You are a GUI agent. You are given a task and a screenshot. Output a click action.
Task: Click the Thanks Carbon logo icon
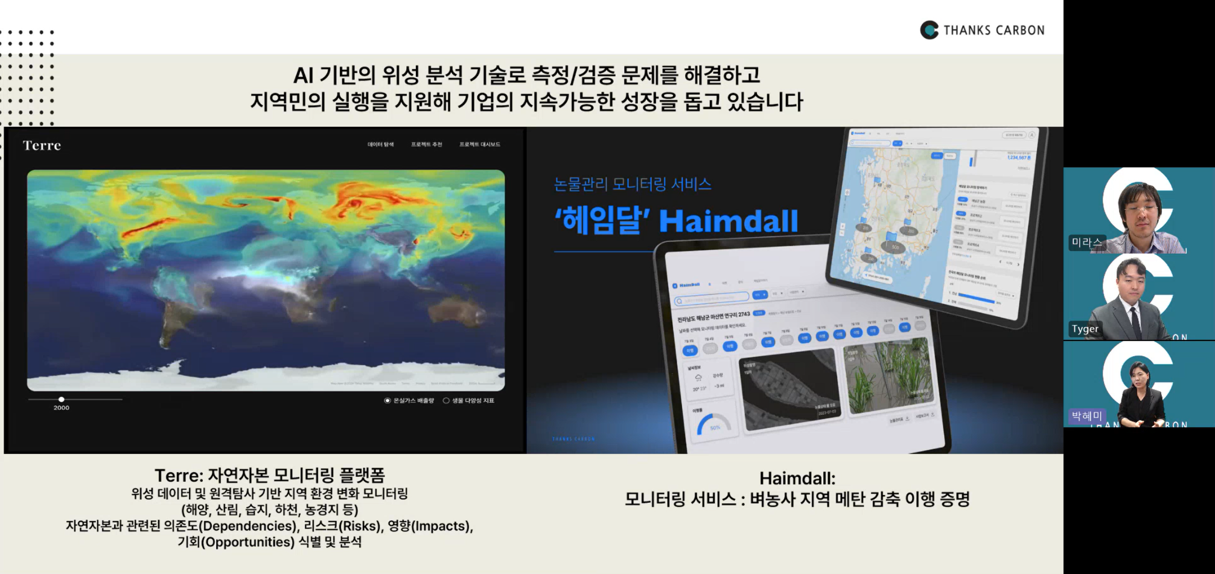click(x=929, y=30)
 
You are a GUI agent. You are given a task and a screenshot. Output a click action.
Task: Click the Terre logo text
click(x=42, y=145)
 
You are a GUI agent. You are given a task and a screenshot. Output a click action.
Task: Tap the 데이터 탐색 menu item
click(x=380, y=145)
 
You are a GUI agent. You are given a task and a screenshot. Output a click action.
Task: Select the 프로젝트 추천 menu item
click(x=426, y=145)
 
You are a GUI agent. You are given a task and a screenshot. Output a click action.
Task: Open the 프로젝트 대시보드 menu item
click(x=479, y=145)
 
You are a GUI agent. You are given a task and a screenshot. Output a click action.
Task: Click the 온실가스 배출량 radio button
click(x=387, y=401)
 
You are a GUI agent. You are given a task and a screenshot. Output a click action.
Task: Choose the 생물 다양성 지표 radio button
click(x=446, y=401)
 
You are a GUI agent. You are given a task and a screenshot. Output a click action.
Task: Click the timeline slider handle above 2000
click(x=62, y=399)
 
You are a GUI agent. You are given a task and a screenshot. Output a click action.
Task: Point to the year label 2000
click(x=62, y=408)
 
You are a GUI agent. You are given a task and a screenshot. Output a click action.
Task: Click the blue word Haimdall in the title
click(x=728, y=221)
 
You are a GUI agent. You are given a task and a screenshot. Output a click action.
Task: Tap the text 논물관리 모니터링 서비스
click(x=632, y=184)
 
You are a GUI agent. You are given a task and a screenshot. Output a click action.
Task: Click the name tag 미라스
click(x=1086, y=243)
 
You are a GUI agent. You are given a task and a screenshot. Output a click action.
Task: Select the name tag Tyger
click(x=1085, y=329)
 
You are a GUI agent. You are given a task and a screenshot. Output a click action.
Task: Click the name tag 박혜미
click(x=1086, y=416)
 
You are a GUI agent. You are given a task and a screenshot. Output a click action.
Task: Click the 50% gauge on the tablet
click(x=713, y=424)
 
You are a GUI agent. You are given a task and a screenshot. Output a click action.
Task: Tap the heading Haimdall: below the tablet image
click(x=797, y=479)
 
